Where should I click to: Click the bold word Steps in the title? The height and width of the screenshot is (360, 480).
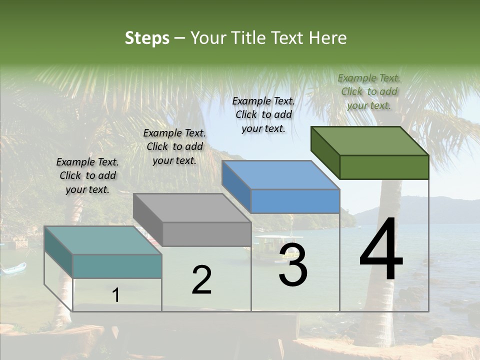pyautogui.click(x=147, y=38)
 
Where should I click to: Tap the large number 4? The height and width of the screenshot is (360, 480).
pyautogui.click(x=381, y=250)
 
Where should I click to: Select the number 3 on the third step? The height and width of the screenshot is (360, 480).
pyautogui.click(x=293, y=265)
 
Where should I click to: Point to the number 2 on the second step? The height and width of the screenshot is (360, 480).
pyautogui.click(x=201, y=280)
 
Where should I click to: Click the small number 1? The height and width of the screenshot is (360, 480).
pyautogui.click(x=116, y=295)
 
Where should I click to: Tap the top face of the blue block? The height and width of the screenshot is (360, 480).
pyautogui.click(x=280, y=174)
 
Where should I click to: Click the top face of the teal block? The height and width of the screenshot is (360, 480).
pyautogui.click(x=102, y=240)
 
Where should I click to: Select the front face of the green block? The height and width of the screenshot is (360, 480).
pyautogui.click(x=384, y=167)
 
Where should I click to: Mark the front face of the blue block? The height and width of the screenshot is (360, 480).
pyautogui.click(x=295, y=201)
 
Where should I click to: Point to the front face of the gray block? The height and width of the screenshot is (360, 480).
pyautogui.click(x=206, y=234)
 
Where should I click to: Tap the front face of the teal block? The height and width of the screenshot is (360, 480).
pyautogui.click(x=117, y=266)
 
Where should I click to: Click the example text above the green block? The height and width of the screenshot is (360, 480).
pyautogui.click(x=369, y=91)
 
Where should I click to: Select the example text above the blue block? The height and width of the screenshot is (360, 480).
pyautogui.click(x=263, y=114)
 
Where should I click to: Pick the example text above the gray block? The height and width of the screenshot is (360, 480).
pyautogui.click(x=174, y=146)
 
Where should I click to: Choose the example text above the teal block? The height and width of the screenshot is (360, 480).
pyautogui.click(x=87, y=175)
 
